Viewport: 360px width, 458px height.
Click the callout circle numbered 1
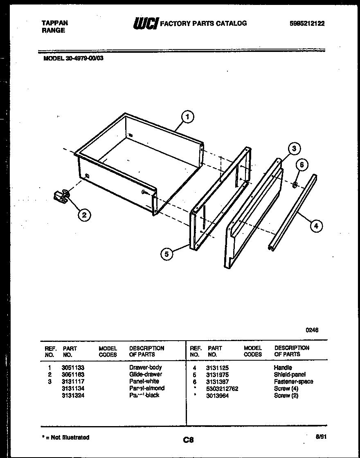point(187,117)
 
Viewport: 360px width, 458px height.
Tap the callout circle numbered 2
point(84,215)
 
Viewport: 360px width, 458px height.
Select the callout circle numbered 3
point(294,149)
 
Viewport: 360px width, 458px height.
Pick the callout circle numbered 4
point(316,225)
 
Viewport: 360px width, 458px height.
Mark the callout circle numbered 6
point(302,165)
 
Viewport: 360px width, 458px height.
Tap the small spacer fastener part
point(294,185)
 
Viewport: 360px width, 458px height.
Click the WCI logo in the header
point(145,24)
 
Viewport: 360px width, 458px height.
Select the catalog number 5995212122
point(307,24)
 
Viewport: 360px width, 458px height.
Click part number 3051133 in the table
point(73,368)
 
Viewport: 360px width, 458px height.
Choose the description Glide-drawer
point(146,374)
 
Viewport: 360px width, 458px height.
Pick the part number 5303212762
point(222,388)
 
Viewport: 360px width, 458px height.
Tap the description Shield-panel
point(290,375)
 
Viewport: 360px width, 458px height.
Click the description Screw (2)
point(286,395)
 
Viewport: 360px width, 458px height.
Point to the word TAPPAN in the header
point(55,23)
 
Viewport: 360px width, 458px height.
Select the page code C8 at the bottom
point(188,440)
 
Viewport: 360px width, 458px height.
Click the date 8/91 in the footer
point(321,436)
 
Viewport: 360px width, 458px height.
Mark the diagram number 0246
point(312,330)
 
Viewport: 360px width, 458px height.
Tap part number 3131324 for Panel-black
point(73,395)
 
